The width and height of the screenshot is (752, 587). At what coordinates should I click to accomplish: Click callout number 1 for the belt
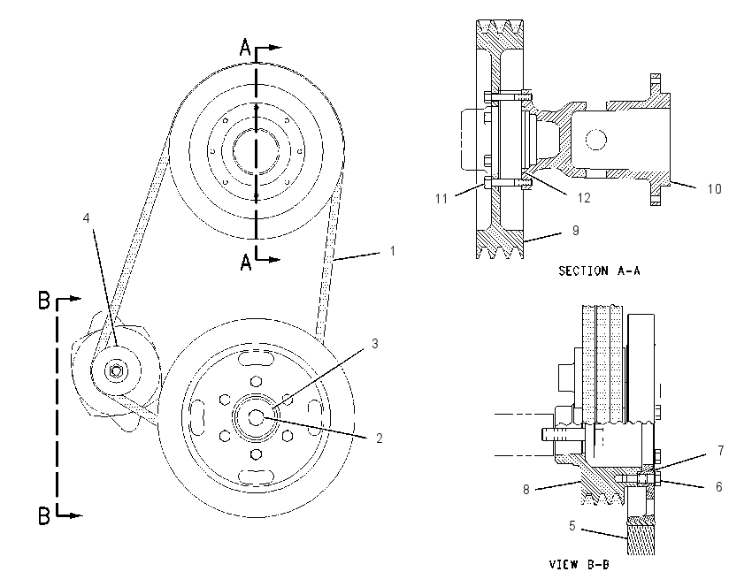pos(392,250)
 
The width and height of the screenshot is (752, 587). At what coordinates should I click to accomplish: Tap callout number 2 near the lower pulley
pos(379,438)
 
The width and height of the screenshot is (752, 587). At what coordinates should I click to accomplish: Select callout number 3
pos(374,344)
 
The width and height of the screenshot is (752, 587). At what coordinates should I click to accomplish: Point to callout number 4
pos(87,218)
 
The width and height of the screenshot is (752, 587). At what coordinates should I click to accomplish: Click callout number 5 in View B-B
pos(572,526)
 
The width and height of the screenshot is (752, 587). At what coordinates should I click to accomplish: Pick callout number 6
pos(719,487)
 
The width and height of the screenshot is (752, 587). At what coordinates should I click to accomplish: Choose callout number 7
pos(720,451)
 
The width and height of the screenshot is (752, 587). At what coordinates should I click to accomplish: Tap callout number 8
pos(526,489)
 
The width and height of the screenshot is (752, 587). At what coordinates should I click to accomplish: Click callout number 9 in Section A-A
pos(576,231)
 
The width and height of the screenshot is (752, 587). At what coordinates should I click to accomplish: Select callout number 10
pos(714,189)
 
